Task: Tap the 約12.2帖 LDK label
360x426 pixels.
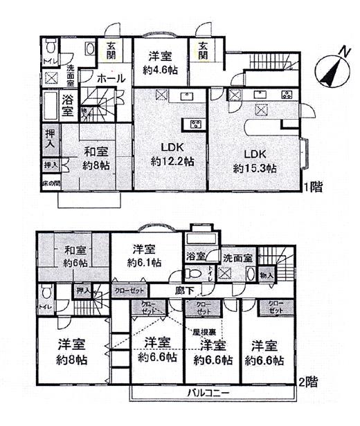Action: [x=172, y=154]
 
